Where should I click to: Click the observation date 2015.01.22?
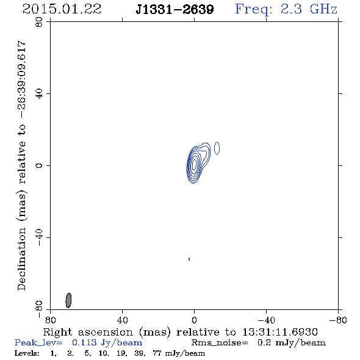[62, 9]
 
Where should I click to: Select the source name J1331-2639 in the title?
[175, 9]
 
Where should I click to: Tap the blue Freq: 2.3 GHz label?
[286, 10]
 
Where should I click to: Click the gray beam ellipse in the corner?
[68, 300]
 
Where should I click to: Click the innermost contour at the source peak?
[194, 164]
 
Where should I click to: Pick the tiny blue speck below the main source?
[189, 259]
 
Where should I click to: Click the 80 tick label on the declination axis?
[39, 22]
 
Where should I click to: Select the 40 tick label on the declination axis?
[39, 94]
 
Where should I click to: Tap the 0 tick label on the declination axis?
[39, 165]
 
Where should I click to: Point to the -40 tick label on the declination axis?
[39, 237]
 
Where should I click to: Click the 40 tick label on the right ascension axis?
[122, 320]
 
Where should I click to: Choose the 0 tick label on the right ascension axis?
[194, 320]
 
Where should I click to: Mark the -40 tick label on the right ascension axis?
[266, 320]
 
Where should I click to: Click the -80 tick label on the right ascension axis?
[338, 320]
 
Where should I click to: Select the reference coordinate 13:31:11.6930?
[280, 332]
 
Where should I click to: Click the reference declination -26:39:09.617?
[21, 80]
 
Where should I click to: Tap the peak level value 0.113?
[84, 342]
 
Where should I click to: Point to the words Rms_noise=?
[220, 343]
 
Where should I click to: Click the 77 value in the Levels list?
[157, 353]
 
